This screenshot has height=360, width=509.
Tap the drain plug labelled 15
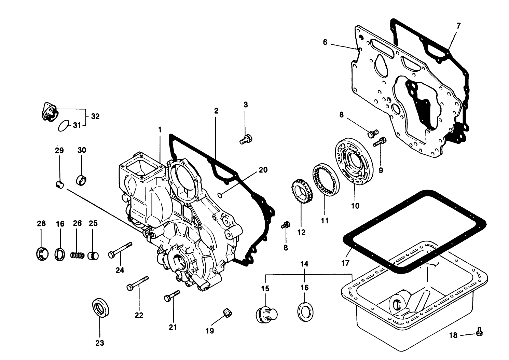point(266,314)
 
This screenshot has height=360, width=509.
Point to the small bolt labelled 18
point(479,331)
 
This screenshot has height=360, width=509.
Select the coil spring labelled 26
point(77,255)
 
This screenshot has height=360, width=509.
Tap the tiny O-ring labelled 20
point(221,195)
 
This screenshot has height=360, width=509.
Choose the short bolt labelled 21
point(172,296)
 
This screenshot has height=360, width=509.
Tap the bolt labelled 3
point(246,140)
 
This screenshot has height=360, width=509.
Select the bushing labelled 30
point(82,179)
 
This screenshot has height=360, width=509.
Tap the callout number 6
point(325,42)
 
